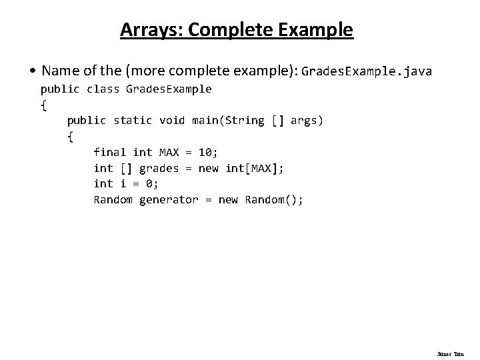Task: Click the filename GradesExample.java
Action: (x=367, y=71)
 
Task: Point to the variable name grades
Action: (x=159, y=168)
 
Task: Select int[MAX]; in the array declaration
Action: (x=255, y=168)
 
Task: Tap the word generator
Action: (x=169, y=199)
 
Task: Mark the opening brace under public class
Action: (x=44, y=105)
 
